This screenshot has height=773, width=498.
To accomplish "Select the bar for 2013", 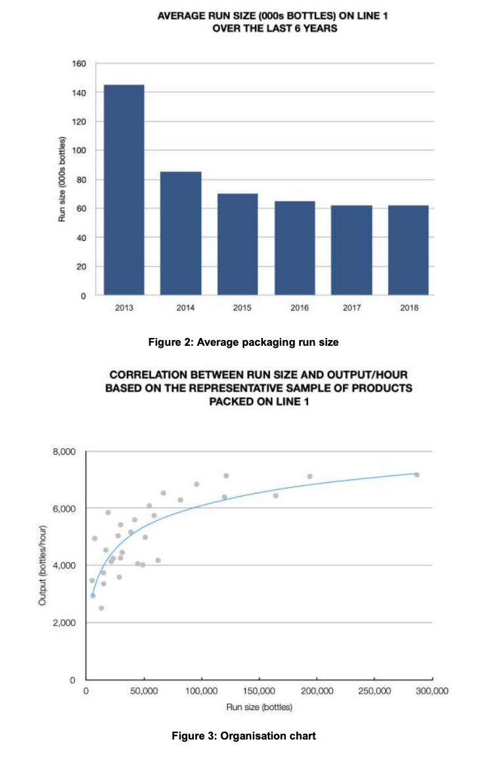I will click(124, 190).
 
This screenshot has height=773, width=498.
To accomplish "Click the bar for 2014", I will click(181, 233).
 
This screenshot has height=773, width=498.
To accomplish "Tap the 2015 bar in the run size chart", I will click(237, 244).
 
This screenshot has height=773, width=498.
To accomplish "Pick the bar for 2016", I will click(294, 247).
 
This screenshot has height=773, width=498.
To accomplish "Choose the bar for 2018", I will click(408, 250).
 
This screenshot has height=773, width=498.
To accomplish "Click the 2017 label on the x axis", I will click(351, 307).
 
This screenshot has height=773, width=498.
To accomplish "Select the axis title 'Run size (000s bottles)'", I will click(62, 179).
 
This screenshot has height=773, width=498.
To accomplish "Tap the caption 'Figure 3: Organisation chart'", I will click(244, 736).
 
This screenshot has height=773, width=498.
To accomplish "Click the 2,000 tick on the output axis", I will click(66, 623).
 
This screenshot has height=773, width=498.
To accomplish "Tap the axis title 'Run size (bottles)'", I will click(259, 707).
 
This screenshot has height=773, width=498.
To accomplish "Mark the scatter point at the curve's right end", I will click(417, 474).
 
